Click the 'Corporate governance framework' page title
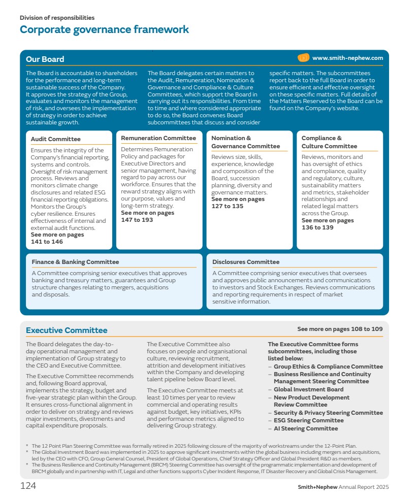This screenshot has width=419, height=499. coord(104,29)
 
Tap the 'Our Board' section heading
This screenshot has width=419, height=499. coord(45,59)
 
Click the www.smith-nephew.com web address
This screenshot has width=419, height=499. coord(347,58)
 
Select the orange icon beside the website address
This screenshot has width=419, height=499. coord(303,58)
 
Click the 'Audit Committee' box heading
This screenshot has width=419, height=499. coord(55,139)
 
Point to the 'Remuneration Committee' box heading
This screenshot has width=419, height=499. coord(158,138)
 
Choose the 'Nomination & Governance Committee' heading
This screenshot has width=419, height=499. coord(245,142)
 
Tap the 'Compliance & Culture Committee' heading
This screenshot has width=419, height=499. coord(329,142)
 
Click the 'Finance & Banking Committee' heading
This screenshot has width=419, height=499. coord(75,262)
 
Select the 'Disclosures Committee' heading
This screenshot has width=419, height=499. coord(246,262)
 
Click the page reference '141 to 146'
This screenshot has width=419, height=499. coord(47,242)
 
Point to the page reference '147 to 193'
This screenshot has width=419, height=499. coord(137,220)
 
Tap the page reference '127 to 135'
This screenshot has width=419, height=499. coord(227,206)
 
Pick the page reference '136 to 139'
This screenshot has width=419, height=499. coord(317,227)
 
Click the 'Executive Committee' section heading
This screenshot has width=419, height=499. coord(67,330)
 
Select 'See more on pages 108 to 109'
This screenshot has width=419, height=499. coord(340,329)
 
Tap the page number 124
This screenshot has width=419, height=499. coord(28,486)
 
